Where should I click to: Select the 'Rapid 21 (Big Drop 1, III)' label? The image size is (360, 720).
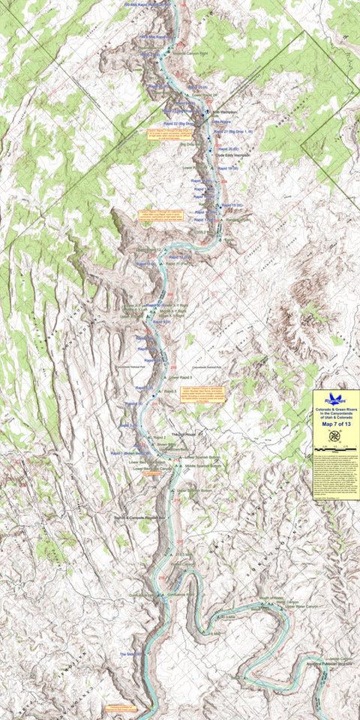click(x=235, y=132)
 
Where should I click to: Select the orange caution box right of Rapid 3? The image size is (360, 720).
click(x=203, y=395)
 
